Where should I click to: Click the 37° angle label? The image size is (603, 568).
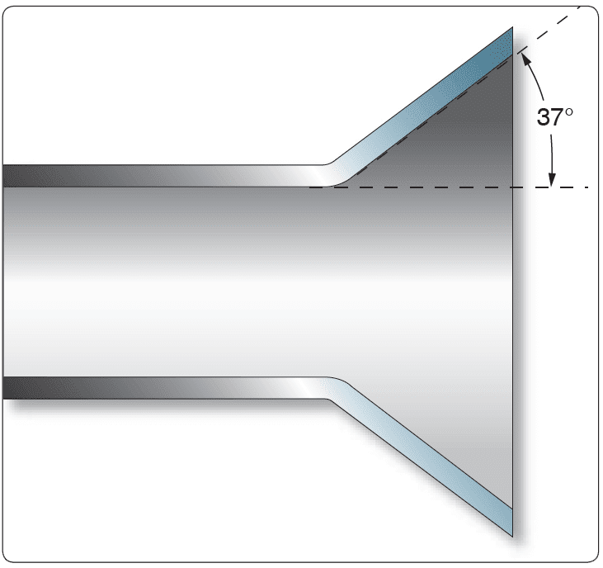click(x=554, y=116)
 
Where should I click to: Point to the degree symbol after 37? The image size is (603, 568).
click(x=568, y=111)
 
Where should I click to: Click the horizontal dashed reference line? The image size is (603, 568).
click(x=445, y=188)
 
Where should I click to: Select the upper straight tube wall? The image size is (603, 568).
click(x=165, y=176)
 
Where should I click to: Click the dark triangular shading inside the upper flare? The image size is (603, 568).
click(x=470, y=140)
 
